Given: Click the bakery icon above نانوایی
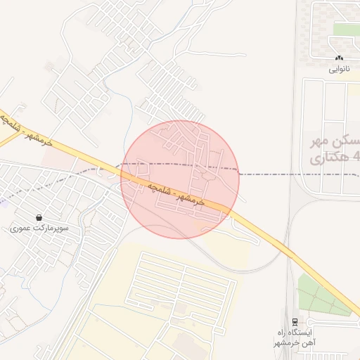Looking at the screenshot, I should (x=339, y=58).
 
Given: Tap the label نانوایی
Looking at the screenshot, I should (x=339, y=70).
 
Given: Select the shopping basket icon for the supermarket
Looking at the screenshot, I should (x=39, y=217).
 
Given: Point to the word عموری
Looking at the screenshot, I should (x=20, y=229).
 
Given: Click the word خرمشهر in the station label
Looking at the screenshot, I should (x=288, y=342).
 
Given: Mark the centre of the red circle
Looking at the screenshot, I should (x=180, y=179).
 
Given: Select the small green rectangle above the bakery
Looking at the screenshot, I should (x=347, y=29).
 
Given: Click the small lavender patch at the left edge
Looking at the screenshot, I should (x=2, y=201).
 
